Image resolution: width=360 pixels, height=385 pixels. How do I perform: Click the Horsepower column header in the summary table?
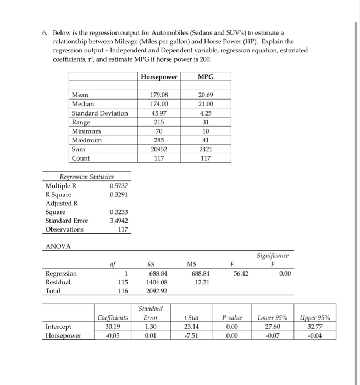(159, 77)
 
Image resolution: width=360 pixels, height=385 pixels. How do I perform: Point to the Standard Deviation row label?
(99, 113)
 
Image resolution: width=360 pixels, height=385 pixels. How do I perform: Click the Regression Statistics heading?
(86, 177)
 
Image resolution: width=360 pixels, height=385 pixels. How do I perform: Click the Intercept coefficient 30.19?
(112, 326)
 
